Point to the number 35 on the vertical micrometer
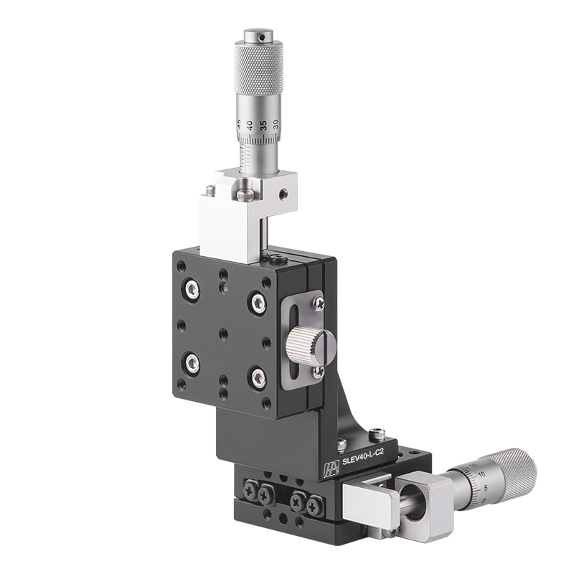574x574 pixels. tap(263, 125)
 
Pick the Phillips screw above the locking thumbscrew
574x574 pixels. tap(318, 304)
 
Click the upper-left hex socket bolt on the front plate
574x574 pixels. tap(192, 289)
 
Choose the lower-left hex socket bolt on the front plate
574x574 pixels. tap(192, 363)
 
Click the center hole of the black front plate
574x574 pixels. tap(225, 334)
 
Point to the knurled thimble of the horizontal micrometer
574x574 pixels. tap(510, 474)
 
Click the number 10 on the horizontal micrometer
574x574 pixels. tap(480, 474)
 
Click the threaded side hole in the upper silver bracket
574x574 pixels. tap(284, 193)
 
